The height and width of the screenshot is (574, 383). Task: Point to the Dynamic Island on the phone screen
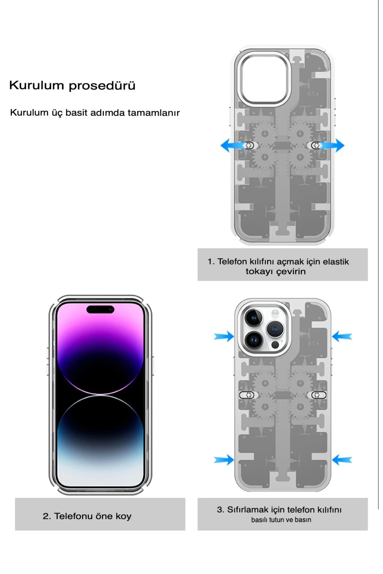click(100, 309)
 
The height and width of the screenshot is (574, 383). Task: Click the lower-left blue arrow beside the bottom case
click(224, 460)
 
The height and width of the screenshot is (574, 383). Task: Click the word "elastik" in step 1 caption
click(336, 262)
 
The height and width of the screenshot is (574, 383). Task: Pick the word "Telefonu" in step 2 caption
click(73, 516)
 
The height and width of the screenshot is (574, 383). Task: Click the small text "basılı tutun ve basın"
click(281, 520)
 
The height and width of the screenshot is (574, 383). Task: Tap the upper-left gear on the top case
click(265, 133)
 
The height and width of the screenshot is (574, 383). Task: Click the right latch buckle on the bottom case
click(319, 395)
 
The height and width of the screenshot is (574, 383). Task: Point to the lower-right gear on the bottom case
click(300, 407)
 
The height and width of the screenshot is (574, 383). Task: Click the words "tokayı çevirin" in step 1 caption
click(275, 272)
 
